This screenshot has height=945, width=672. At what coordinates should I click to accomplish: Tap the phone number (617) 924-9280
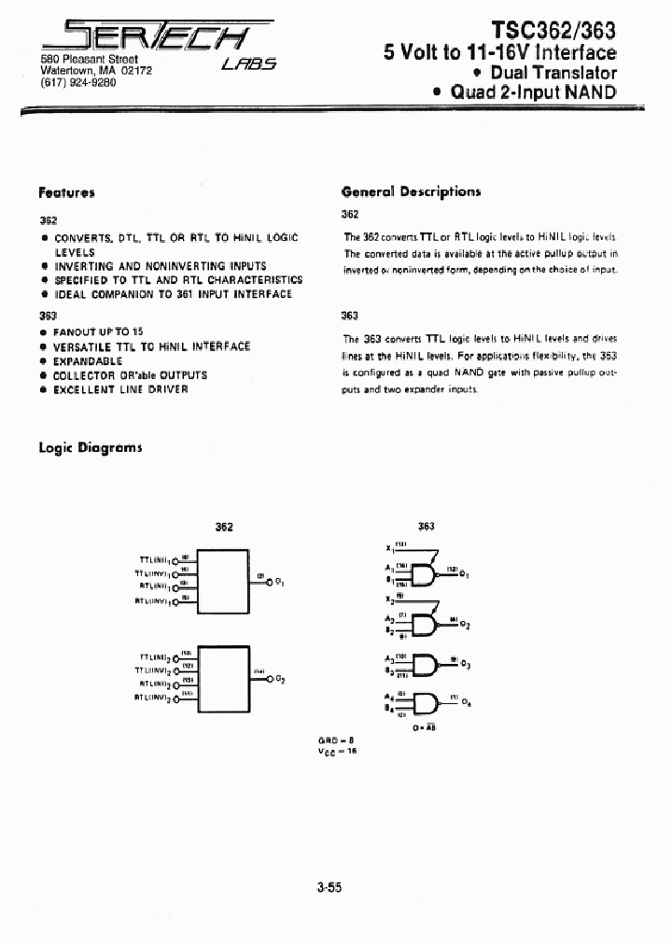[77, 82]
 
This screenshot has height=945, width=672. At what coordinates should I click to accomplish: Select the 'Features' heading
[66, 192]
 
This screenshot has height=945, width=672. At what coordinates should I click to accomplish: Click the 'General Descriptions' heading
[411, 191]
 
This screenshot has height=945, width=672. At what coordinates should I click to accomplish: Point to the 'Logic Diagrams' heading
[90, 447]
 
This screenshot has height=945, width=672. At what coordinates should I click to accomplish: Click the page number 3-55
[329, 889]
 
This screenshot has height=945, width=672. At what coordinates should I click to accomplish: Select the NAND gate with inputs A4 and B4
[425, 702]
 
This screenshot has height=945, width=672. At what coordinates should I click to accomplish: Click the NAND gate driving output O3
[425, 664]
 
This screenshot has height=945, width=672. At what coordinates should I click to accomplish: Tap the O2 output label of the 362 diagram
[279, 680]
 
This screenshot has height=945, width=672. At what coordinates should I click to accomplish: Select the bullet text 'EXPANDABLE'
[88, 360]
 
